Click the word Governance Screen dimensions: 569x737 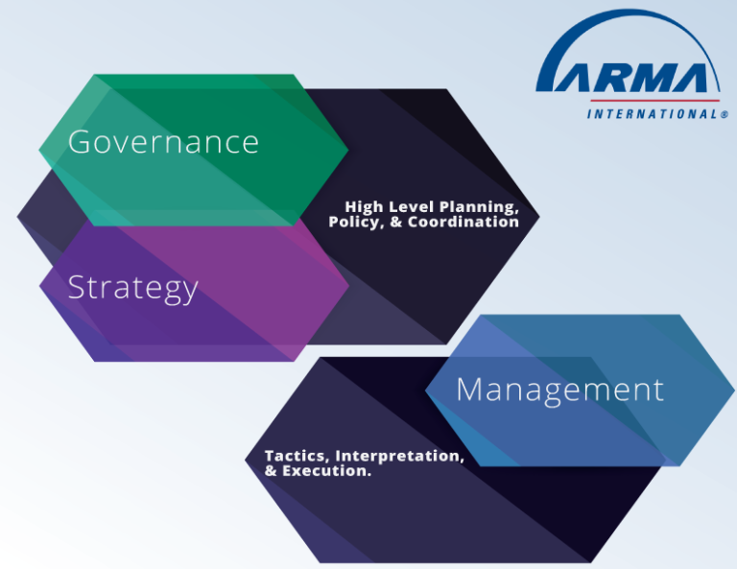[163, 142]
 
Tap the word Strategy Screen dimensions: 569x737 [132, 287]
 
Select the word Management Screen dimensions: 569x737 [559, 389]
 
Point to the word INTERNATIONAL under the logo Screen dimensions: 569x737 [651, 114]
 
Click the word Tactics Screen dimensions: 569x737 [296, 456]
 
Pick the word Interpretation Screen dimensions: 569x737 [399, 456]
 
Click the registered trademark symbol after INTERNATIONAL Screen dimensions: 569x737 [724, 114]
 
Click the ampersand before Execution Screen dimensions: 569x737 [272, 471]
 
